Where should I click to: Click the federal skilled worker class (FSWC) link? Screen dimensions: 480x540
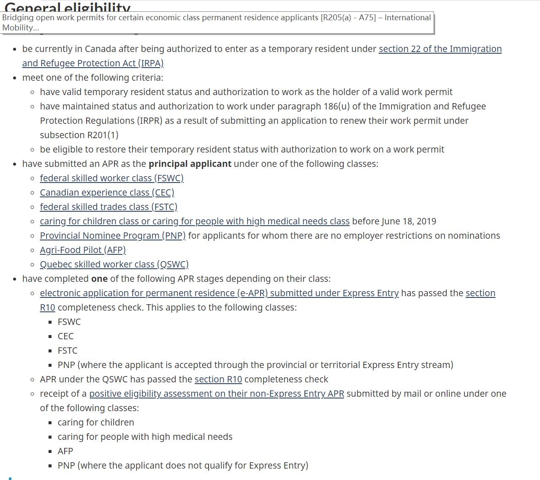(111, 178)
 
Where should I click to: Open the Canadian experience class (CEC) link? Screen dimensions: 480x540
(107, 193)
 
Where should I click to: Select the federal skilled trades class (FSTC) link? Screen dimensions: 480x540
(109, 207)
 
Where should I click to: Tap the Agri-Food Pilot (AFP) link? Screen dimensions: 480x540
(83, 250)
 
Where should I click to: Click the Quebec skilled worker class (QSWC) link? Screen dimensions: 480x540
(114, 265)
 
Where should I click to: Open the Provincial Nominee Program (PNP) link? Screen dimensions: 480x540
(113, 236)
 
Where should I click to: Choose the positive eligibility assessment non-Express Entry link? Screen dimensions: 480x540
(217, 394)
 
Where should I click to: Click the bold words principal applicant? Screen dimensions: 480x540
(190, 164)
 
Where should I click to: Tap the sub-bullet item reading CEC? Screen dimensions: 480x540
(65, 336)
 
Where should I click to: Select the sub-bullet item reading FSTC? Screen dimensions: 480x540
(68, 351)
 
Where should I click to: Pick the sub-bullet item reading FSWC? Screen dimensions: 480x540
(69, 322)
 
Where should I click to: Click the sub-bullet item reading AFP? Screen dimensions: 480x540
(65, 451)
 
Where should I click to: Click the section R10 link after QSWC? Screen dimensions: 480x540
(218, 379)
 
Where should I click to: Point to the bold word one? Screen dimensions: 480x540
(99, 279)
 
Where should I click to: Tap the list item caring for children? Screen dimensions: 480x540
(96, 423)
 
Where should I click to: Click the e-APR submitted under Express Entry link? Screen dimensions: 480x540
(219, 293)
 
